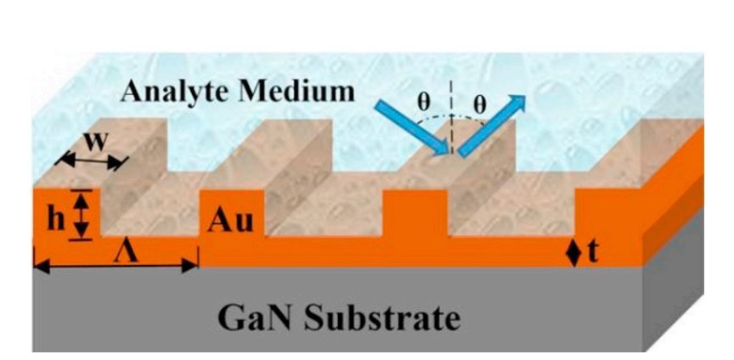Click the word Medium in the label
pyautogui.click(x=297, y=92)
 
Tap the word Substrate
pyautogui.click(x=381, y=318)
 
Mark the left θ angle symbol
pyautogui.click(x=424, y=102)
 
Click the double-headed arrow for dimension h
pyautogui.click(x=81, y=215)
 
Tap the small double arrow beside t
pyautogui.click(x=575, y=253)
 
